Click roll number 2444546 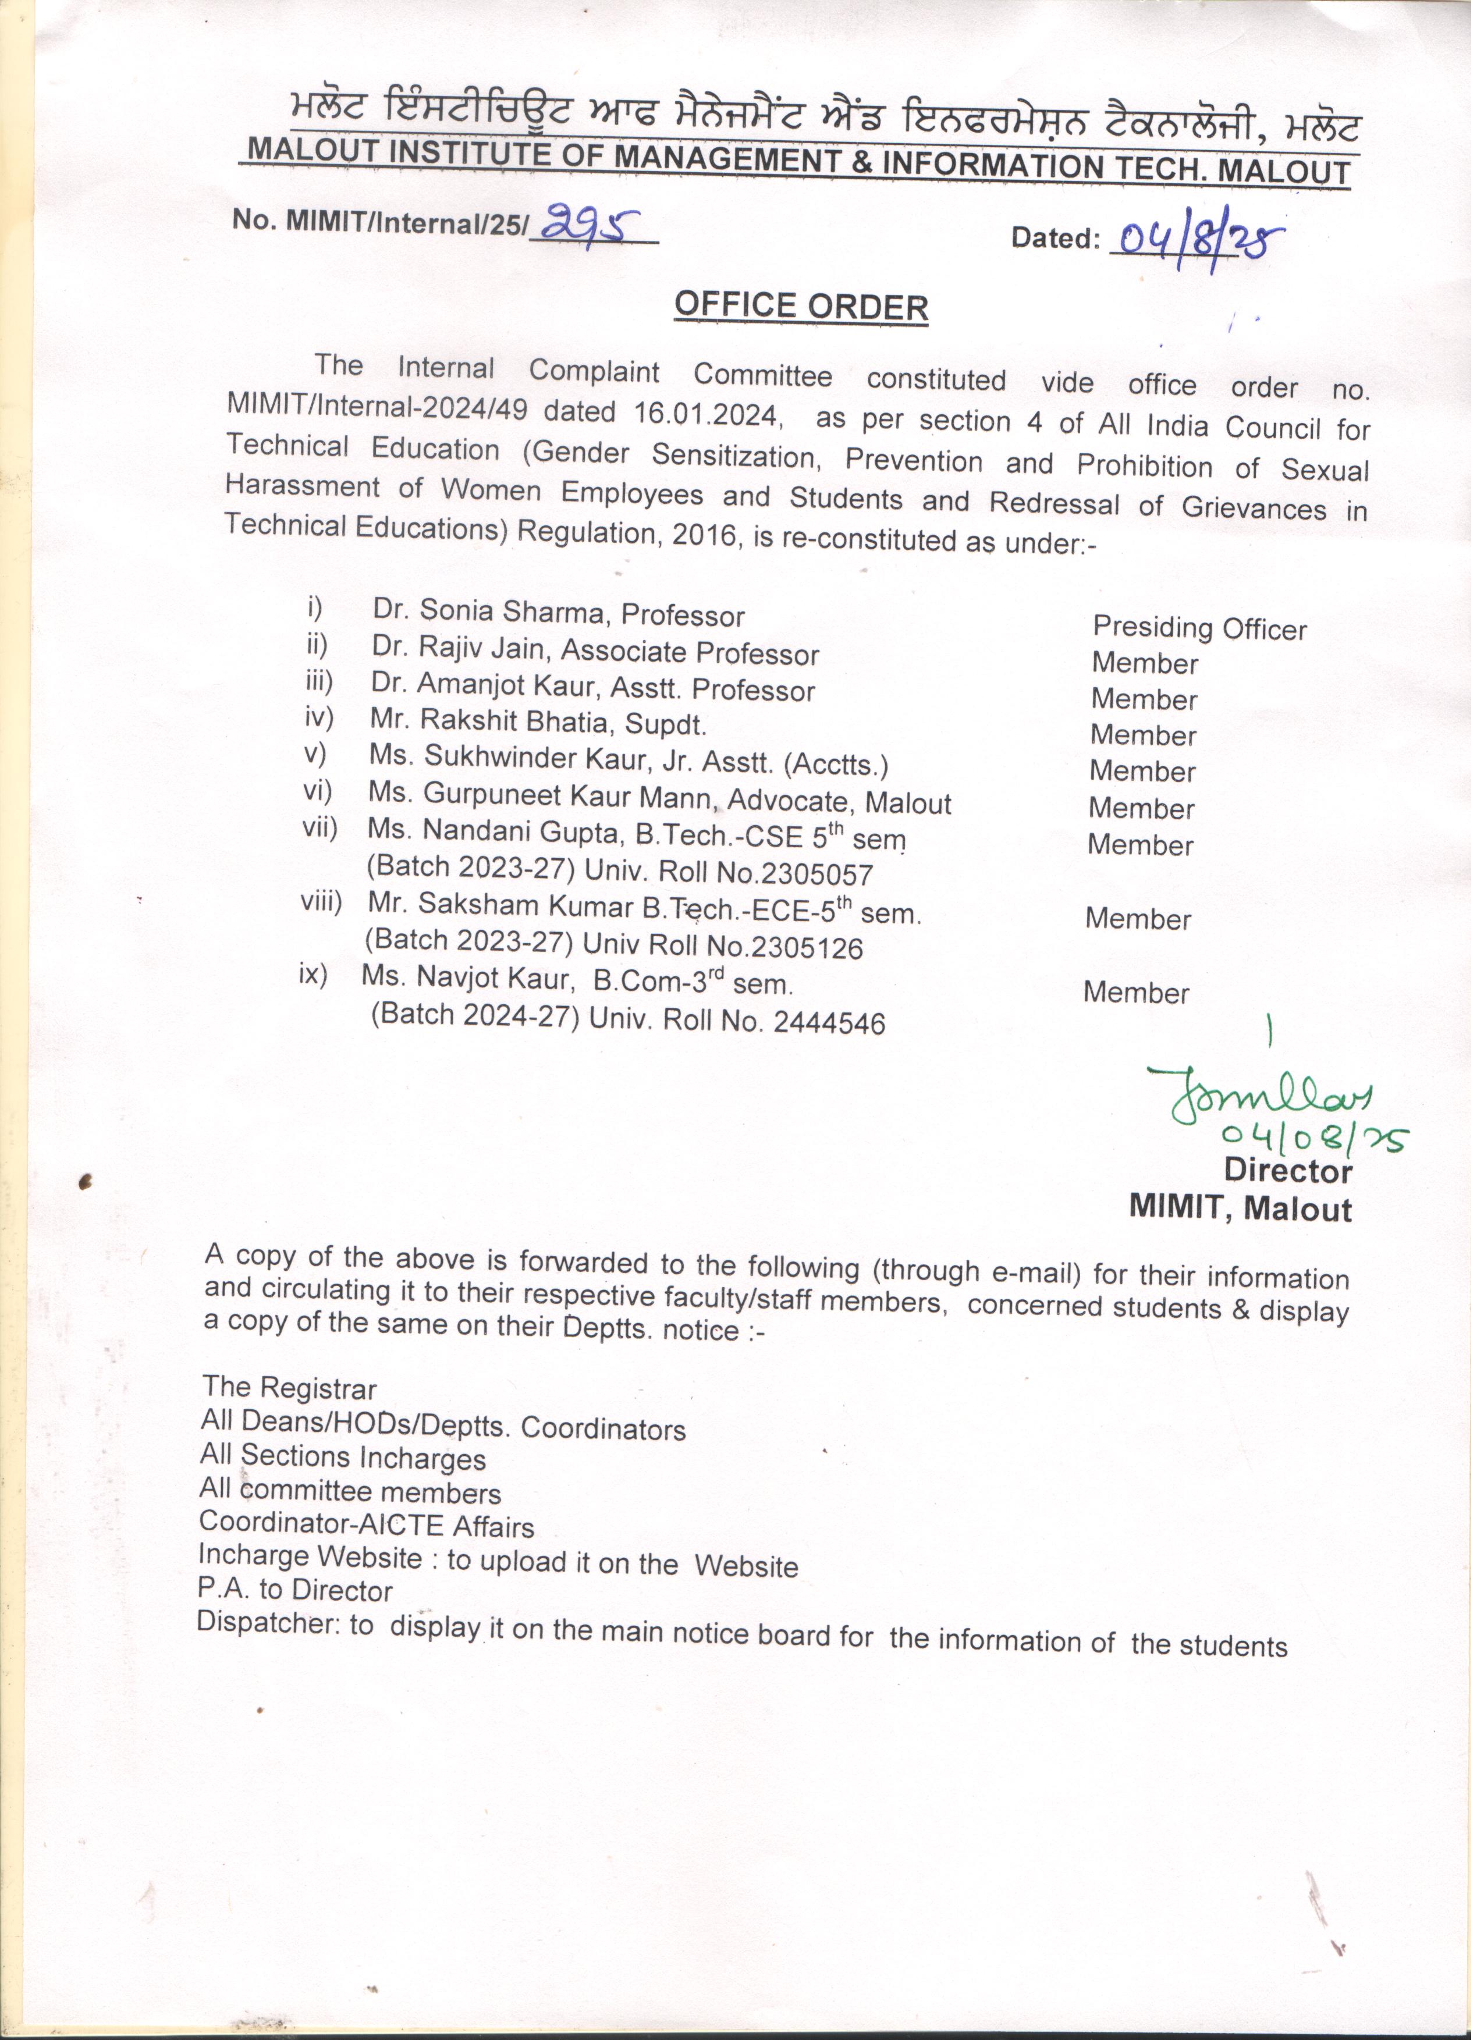833,1031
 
